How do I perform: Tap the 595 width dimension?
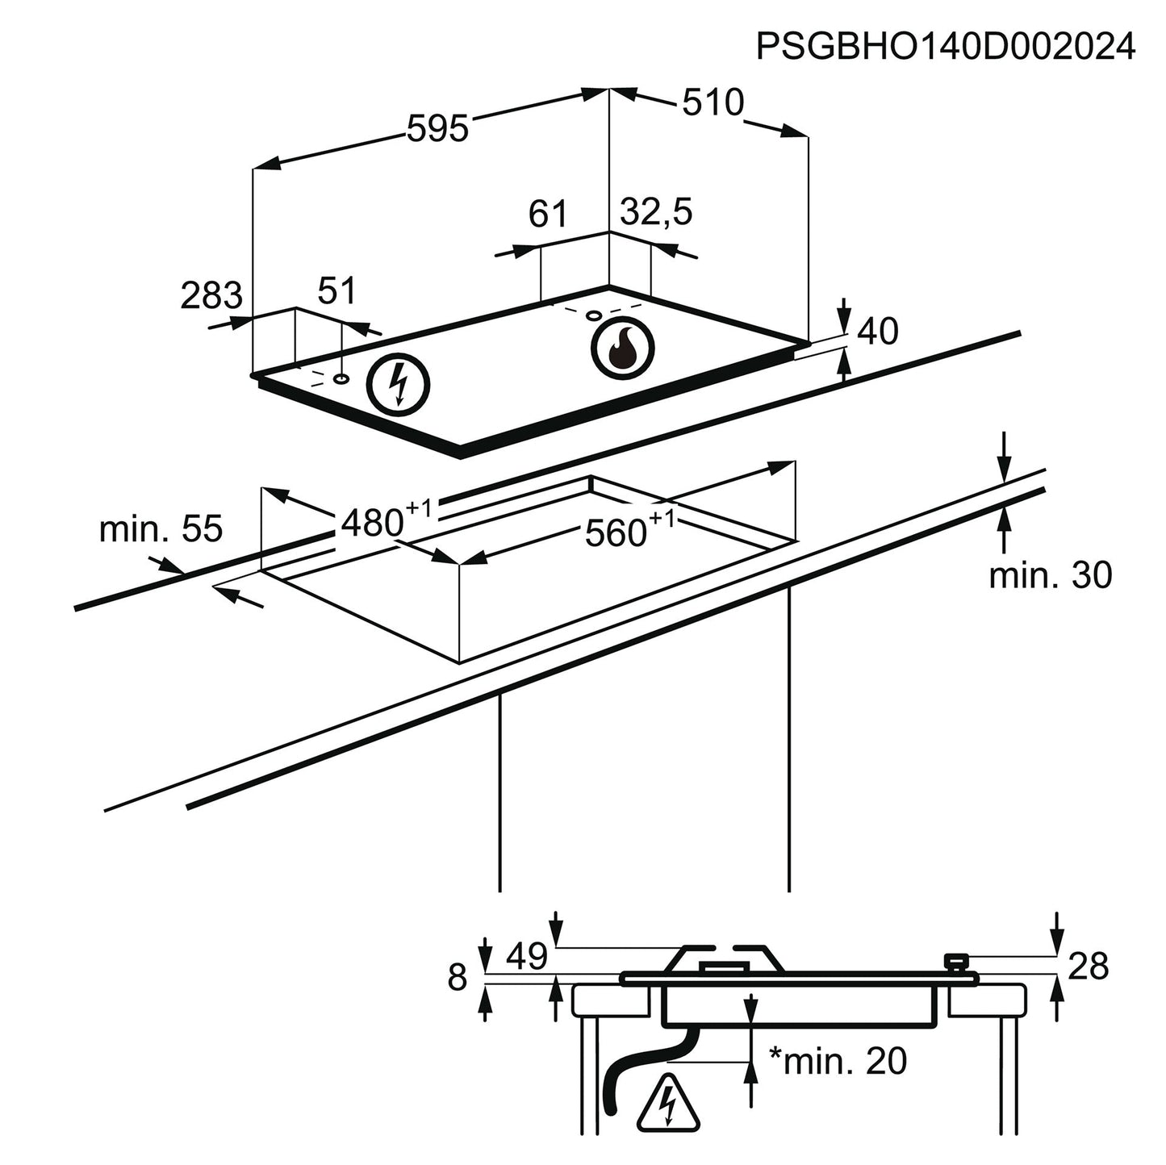[x=437, y=128]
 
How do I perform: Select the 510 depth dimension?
[x=713, y=102]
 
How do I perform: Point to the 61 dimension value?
[x=549, y=215]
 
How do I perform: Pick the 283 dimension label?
[x=211, y=295]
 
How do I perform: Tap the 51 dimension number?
[x=336, y=290]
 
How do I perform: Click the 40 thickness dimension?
[x=878, y=331]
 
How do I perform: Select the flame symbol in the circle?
[x=622, y=349]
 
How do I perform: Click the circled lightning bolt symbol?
[x=398, y=385]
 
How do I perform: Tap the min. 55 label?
[x=161, y=529]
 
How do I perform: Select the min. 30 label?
[x=1051, y=575]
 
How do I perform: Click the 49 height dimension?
[x=527, y=957]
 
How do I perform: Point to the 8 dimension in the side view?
[x=458, y=978]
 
